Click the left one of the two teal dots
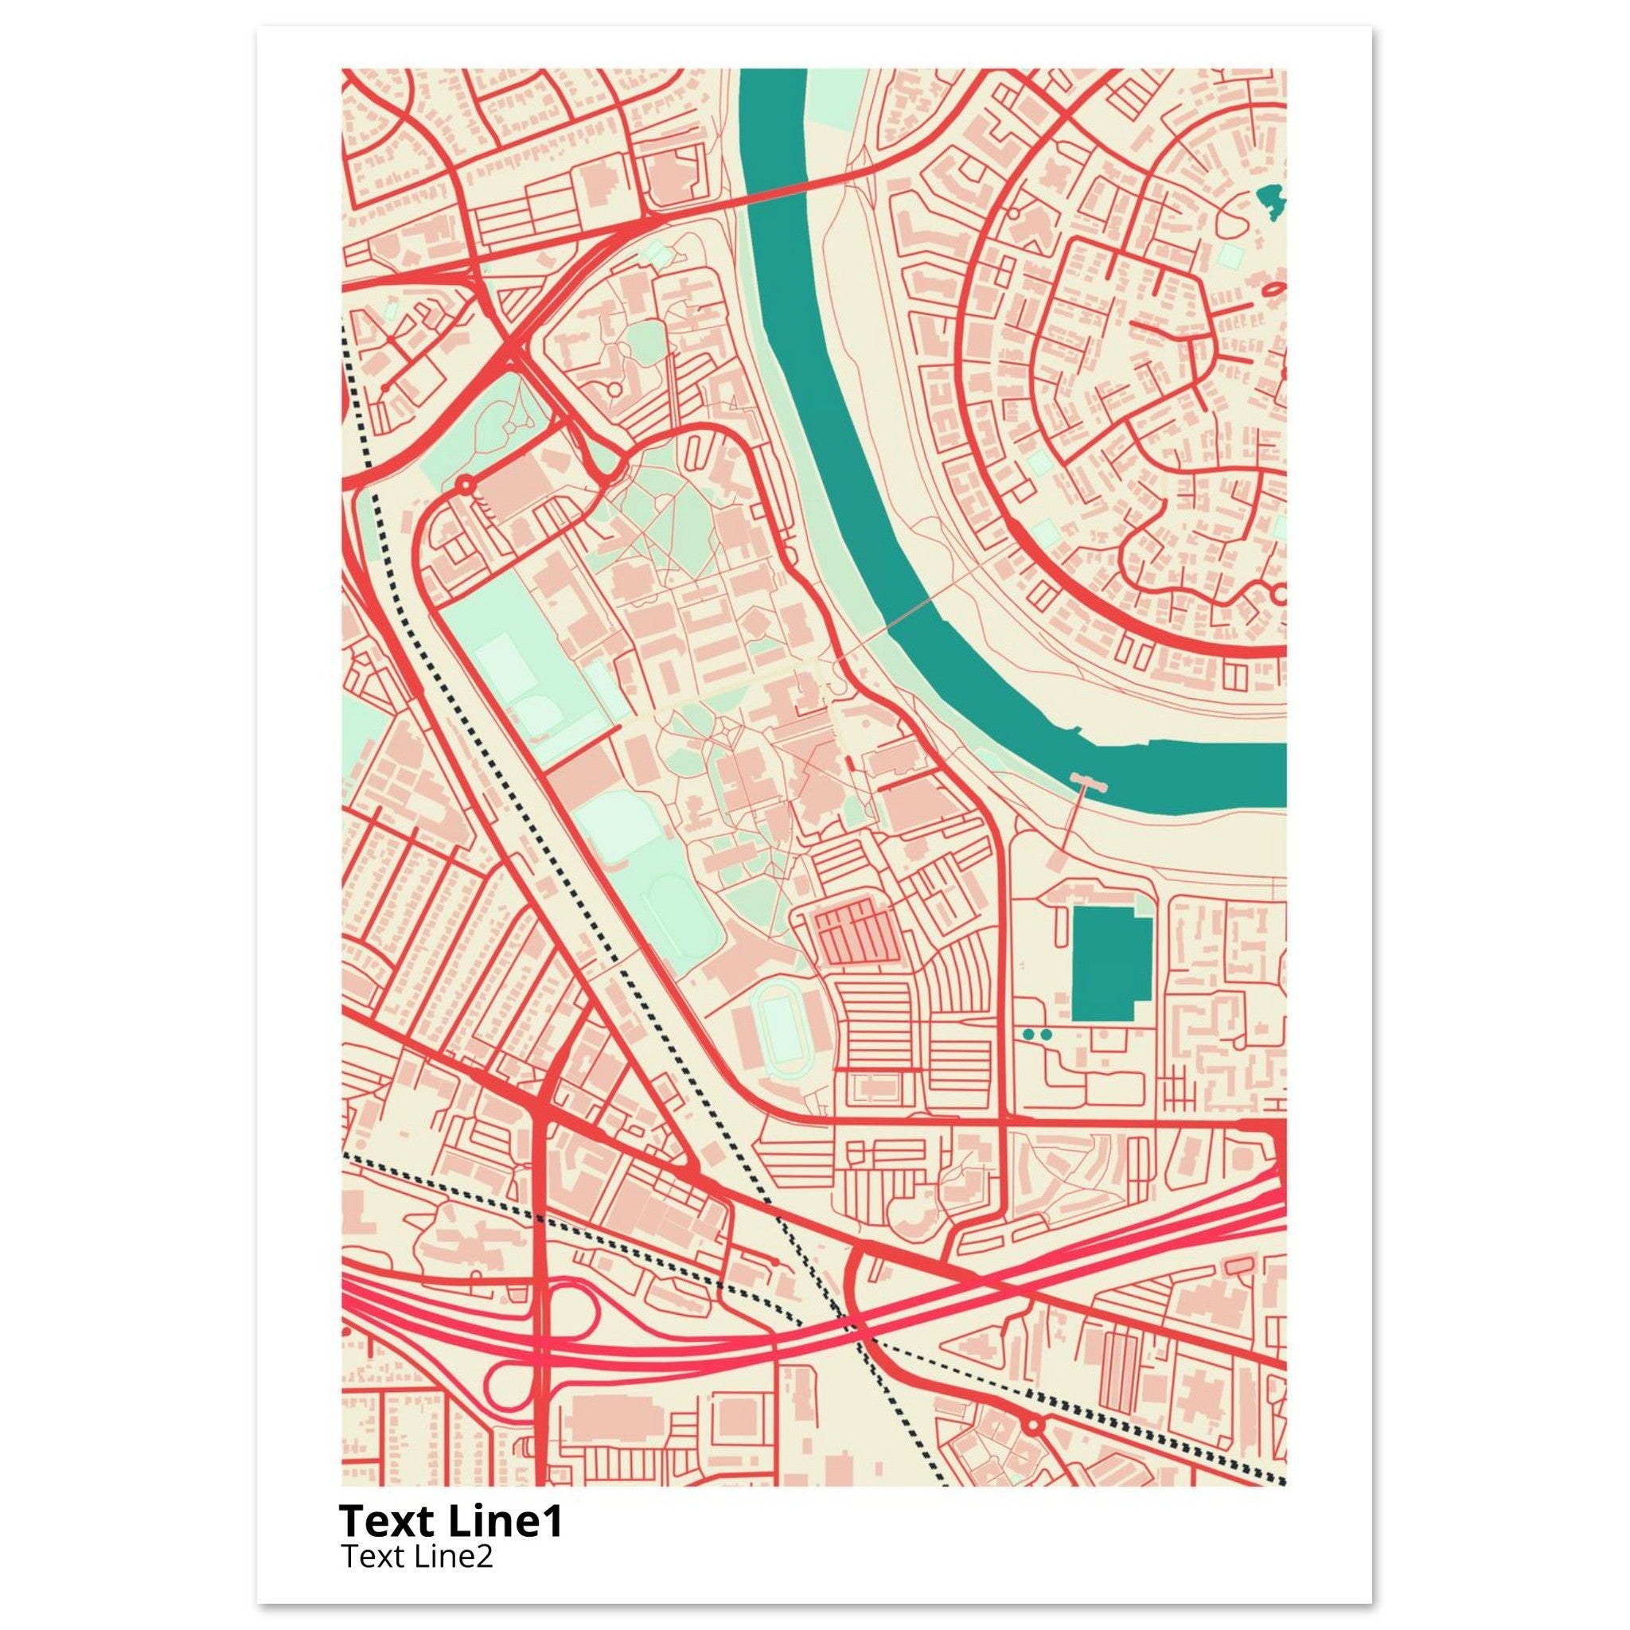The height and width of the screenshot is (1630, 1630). pos(1028,1034)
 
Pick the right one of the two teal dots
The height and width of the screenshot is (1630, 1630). pos(1046,1034)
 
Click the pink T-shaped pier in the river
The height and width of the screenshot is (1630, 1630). pos(1087,784)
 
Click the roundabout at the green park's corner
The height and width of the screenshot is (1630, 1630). pos(464,484)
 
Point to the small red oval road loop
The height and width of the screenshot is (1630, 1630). pos(1273,290)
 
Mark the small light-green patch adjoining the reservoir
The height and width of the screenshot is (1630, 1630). pos(1143,908)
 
